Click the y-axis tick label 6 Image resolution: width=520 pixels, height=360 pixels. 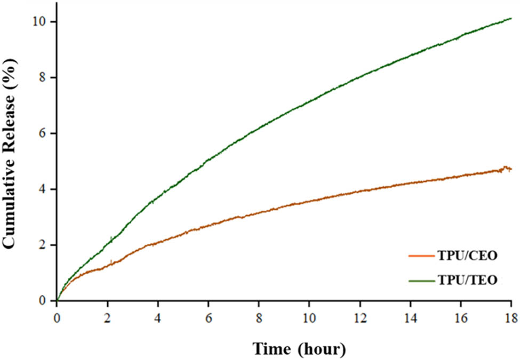pos(44,133)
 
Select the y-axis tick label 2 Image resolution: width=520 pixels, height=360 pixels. pos(44,245)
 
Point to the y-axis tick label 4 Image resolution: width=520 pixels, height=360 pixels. pos(44,189)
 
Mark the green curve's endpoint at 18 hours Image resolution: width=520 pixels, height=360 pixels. pos(511,19)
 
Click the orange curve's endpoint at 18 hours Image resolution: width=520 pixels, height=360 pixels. pos(511,169)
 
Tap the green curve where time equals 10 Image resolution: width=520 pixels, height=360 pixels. pos(309,100)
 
